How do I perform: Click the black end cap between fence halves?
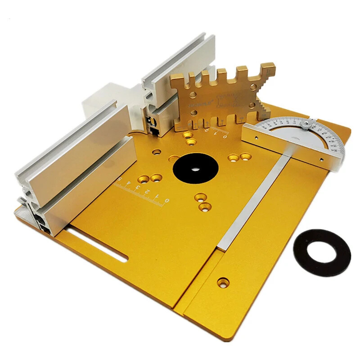(x=153, y=124)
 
